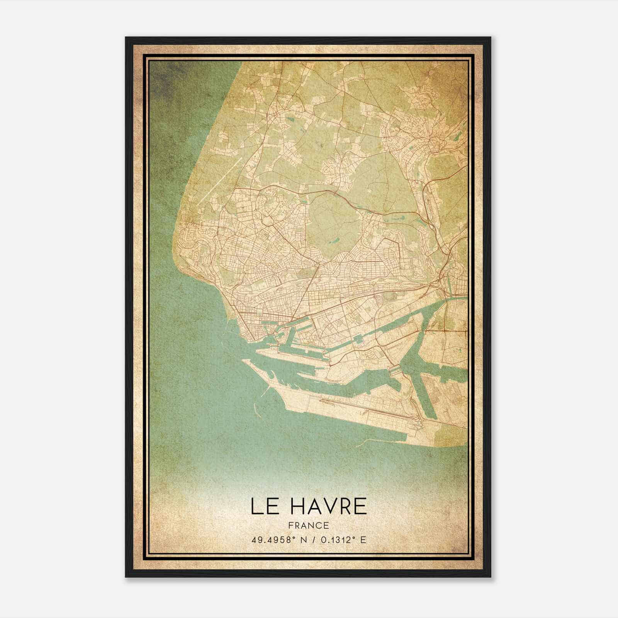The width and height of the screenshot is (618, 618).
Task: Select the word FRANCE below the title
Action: point(308,525)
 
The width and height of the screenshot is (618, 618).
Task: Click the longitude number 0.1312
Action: point(336,540)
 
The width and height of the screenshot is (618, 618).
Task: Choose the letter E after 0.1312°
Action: point(363,540)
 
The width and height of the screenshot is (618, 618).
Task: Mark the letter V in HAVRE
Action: point(327,506)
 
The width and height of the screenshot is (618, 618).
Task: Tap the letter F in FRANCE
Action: point(290,525)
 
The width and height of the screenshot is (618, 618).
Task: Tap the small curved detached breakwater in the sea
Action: point(256,407)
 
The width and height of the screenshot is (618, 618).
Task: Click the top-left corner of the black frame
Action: point(126,37)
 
